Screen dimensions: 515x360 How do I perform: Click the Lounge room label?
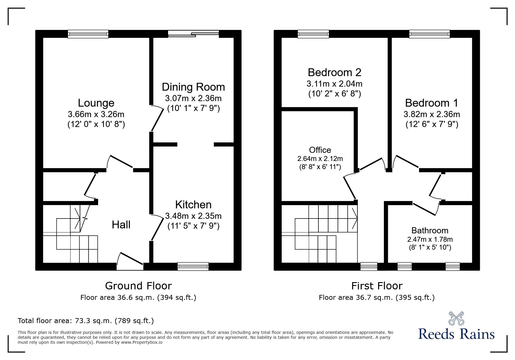pos(96,103)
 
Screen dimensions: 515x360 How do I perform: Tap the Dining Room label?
pos(193,87)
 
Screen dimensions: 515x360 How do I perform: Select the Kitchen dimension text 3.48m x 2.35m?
pos(193,216)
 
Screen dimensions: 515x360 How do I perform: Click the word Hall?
pos(121,225)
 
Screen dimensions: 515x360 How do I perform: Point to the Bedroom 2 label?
pos(334,72)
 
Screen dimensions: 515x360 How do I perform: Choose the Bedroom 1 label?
pos(432,103)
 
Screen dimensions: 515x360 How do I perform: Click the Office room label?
pos(320,150)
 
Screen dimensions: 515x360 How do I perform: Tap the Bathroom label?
pos(430,230)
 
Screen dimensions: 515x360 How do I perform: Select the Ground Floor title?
pos(138,286)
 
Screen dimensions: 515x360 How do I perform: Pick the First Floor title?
pos(377,286)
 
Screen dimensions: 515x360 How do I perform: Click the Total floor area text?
pos(86,321)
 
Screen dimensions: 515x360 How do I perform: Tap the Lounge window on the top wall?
pos(88,34)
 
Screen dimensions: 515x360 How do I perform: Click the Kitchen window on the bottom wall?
pos(193,266)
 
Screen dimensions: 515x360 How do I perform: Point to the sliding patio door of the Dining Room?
pos(193,34)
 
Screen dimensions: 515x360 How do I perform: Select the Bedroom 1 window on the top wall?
pos(430,34)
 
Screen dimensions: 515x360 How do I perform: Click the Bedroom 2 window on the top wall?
pos(313,34)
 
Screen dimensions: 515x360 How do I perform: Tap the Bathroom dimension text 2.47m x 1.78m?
pos(430,239)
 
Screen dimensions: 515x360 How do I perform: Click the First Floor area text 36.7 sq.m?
pos(377,298)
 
